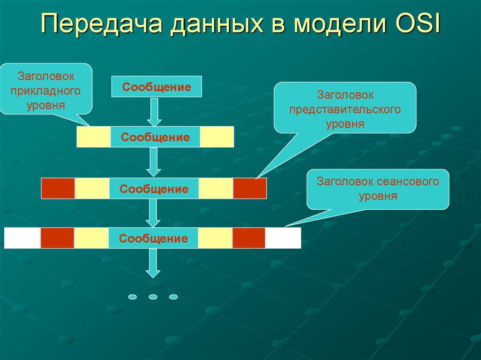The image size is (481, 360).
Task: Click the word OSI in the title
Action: click(x=418, y=23)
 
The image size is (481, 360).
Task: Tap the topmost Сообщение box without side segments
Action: click(x=156, y=86)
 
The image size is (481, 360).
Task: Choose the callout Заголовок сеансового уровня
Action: click(x=378, y=189)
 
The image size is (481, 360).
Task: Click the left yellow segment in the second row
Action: click(x=93, y=137)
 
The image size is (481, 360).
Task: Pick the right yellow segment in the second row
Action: click(x=217, y=137)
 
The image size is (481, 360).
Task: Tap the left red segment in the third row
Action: click(x=58, y=188)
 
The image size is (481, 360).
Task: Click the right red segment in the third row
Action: click(x=250, y=188)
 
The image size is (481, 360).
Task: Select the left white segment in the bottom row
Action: click(x=23, y=238)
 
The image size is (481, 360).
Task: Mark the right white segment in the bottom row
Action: click(x=283, y=238)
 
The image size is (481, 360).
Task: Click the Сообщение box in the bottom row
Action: click(x=154, y=238)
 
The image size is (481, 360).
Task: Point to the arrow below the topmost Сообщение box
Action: click(x=154, y=112)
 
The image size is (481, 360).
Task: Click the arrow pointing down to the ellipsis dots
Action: click(x=153, y=263)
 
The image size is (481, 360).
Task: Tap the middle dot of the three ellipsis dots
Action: click(x=153, y=297)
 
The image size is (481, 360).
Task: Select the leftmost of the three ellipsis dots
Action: click(x=132, y=297)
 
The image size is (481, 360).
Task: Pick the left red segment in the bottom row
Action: click(x=57, y=238)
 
